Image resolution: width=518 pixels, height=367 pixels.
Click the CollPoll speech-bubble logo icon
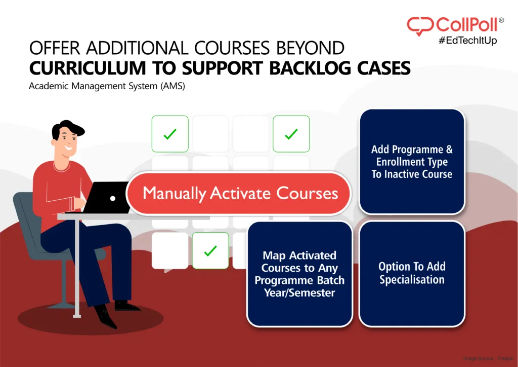(x=419, y=26)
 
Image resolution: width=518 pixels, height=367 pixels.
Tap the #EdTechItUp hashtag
(x=467, y=41)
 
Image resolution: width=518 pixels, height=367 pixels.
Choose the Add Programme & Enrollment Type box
(x=412, y=162)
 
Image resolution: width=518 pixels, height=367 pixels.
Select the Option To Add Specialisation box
(x=412, y=273)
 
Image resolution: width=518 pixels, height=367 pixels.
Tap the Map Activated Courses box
(x=299, y=274)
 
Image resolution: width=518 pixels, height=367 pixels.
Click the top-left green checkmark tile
(x=170, y=134)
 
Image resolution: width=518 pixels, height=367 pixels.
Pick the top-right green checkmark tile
(x=291, y=134)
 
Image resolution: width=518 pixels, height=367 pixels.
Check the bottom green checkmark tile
(x=210, y=250)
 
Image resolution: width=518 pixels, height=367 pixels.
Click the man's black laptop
(x=107, y=197)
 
